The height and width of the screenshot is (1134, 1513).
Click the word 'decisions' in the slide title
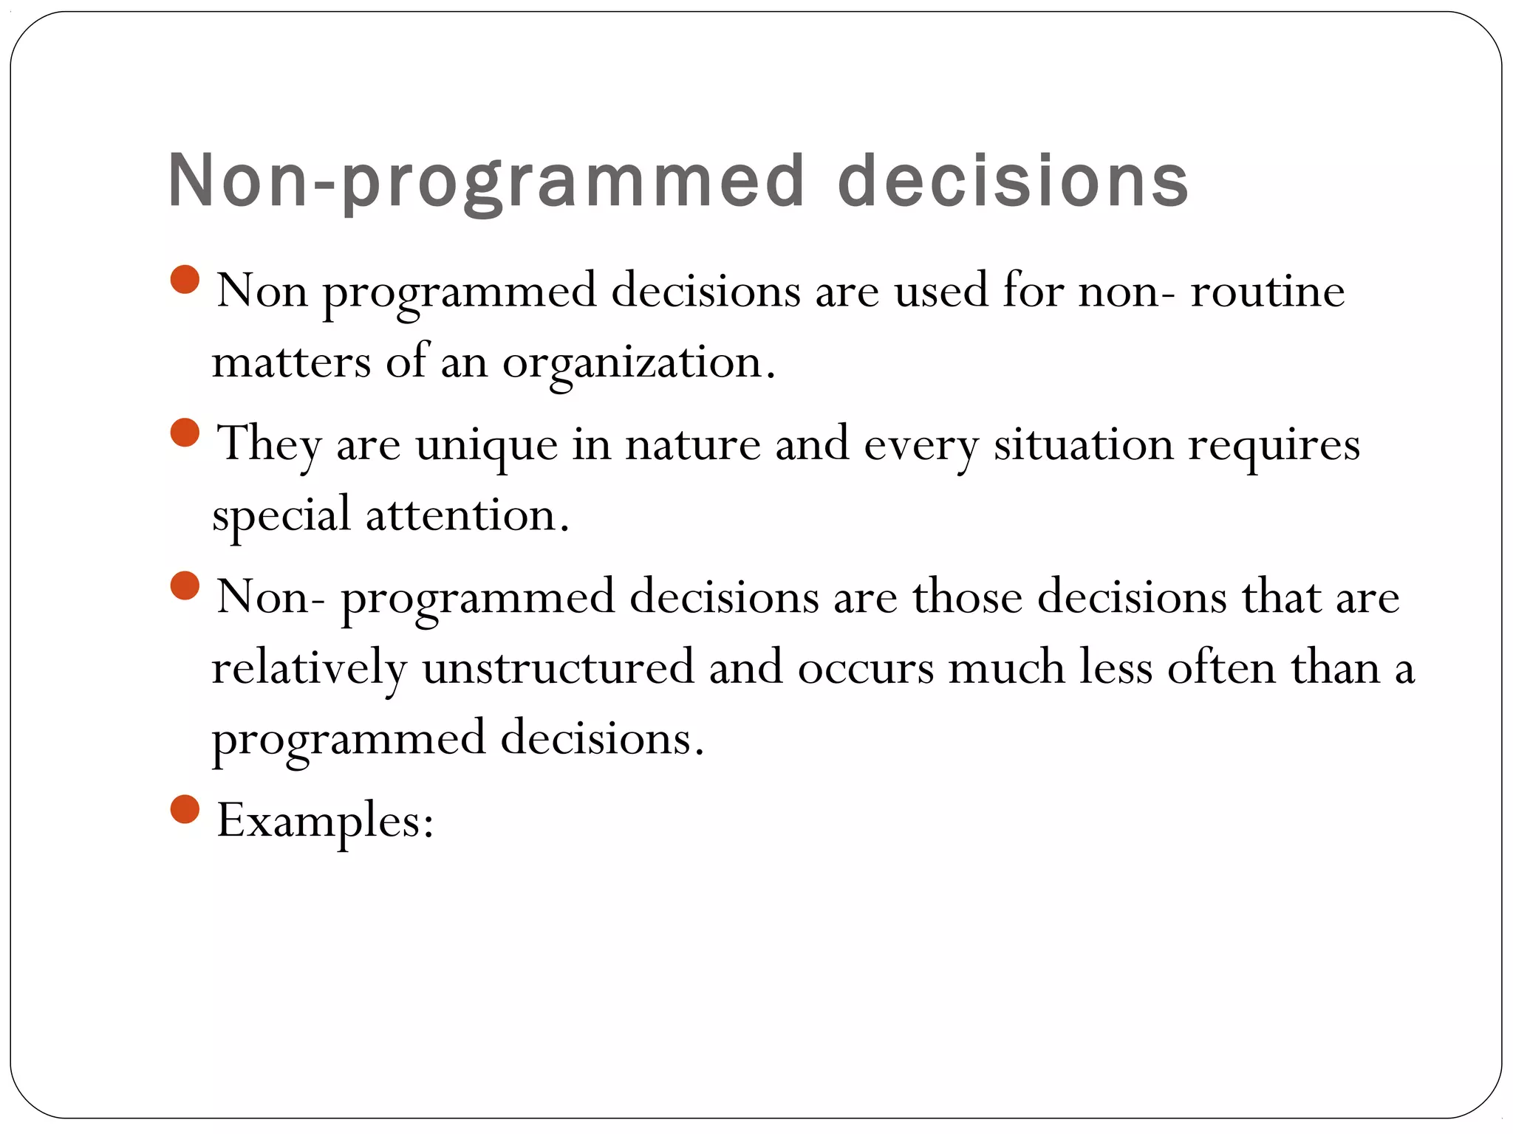[1013, 180]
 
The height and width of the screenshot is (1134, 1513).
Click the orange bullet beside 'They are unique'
[185, 433]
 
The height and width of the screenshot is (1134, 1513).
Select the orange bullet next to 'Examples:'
[185, 809]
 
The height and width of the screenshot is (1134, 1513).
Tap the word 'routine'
[1267, 291]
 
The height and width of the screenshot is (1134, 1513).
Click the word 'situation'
[1083, 444]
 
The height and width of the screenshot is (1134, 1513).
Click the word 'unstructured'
[558, 667]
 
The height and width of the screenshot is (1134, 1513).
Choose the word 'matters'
[291, 363]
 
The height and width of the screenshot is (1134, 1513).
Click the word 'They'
[269, 444]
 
